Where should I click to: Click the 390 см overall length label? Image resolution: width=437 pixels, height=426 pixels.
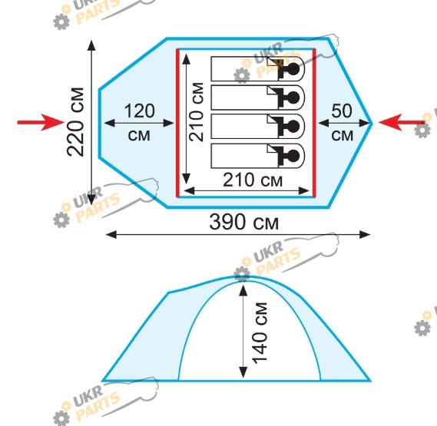coord(244,222)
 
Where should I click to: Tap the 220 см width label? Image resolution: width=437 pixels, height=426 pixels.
coord(75,122)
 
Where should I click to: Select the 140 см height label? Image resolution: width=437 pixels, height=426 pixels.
coord(260,333)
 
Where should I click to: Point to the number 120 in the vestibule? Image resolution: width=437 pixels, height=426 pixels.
coord(139,111)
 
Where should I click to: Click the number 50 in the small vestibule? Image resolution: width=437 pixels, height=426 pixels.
coord(342,111)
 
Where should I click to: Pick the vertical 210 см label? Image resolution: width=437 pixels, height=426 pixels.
coord(196,112)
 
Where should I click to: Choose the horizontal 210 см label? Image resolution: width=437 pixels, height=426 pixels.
coord(253,180)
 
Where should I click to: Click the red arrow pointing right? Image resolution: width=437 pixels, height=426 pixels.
coord(41,122)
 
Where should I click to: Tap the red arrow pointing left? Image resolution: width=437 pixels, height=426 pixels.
coord(402,122)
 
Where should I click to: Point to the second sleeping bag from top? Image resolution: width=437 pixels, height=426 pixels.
coord(258,97)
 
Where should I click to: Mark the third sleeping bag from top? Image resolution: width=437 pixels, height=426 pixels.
coord(258,127)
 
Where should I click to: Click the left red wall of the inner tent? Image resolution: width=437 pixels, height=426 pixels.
coord(177,123)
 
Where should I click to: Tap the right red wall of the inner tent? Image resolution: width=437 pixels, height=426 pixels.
coord(314,123)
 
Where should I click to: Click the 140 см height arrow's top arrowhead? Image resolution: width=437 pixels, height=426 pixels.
coord(243,290)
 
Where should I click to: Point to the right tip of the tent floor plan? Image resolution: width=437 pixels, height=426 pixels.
coord(372,123)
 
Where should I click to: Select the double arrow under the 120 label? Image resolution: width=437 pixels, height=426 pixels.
coord(139,123)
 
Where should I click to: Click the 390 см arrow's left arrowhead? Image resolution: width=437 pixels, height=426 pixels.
coord(111,235)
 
